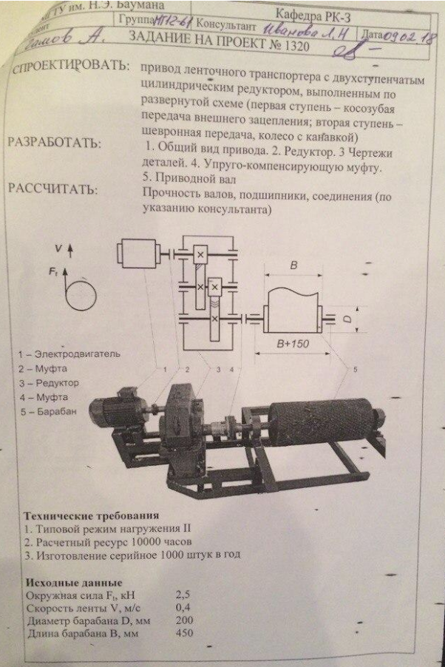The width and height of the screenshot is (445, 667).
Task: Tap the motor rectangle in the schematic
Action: coord(140,258)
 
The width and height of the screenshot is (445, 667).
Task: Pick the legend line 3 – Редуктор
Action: coord(50,382)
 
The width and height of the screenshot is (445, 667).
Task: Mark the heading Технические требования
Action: coord(91,515)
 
